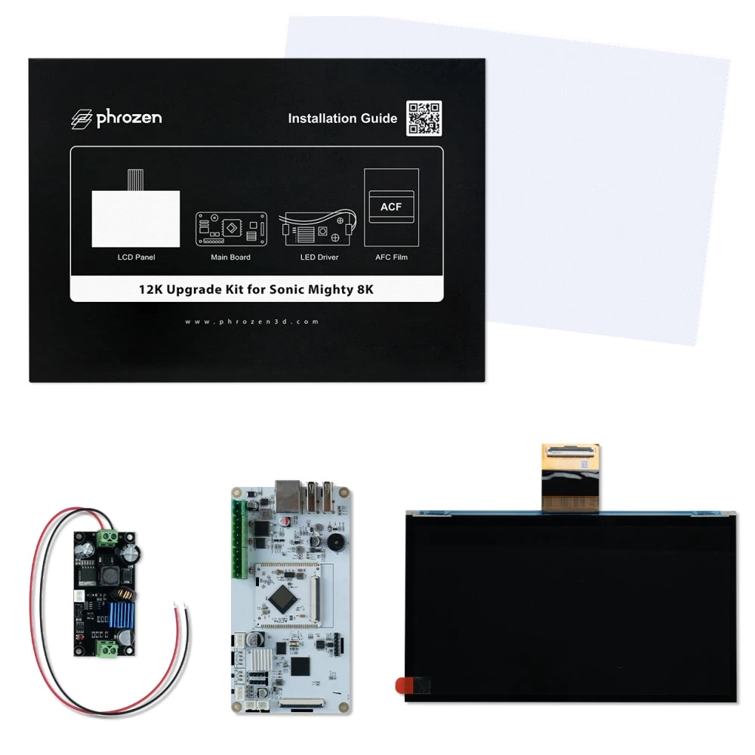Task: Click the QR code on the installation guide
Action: coord(424,118)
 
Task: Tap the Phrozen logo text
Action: coord(116,118)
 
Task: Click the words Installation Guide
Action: coord(343,119)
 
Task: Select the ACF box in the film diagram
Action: coord(390,207)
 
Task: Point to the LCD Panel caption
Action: coord(136,257)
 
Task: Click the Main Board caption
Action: coord(230,257)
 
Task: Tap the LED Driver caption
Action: coord(319,257)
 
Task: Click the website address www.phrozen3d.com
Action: coord(252,322)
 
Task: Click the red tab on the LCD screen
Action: coord(403,686)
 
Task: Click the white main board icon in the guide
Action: coord(230,228)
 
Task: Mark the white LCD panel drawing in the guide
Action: coord(136,217)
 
